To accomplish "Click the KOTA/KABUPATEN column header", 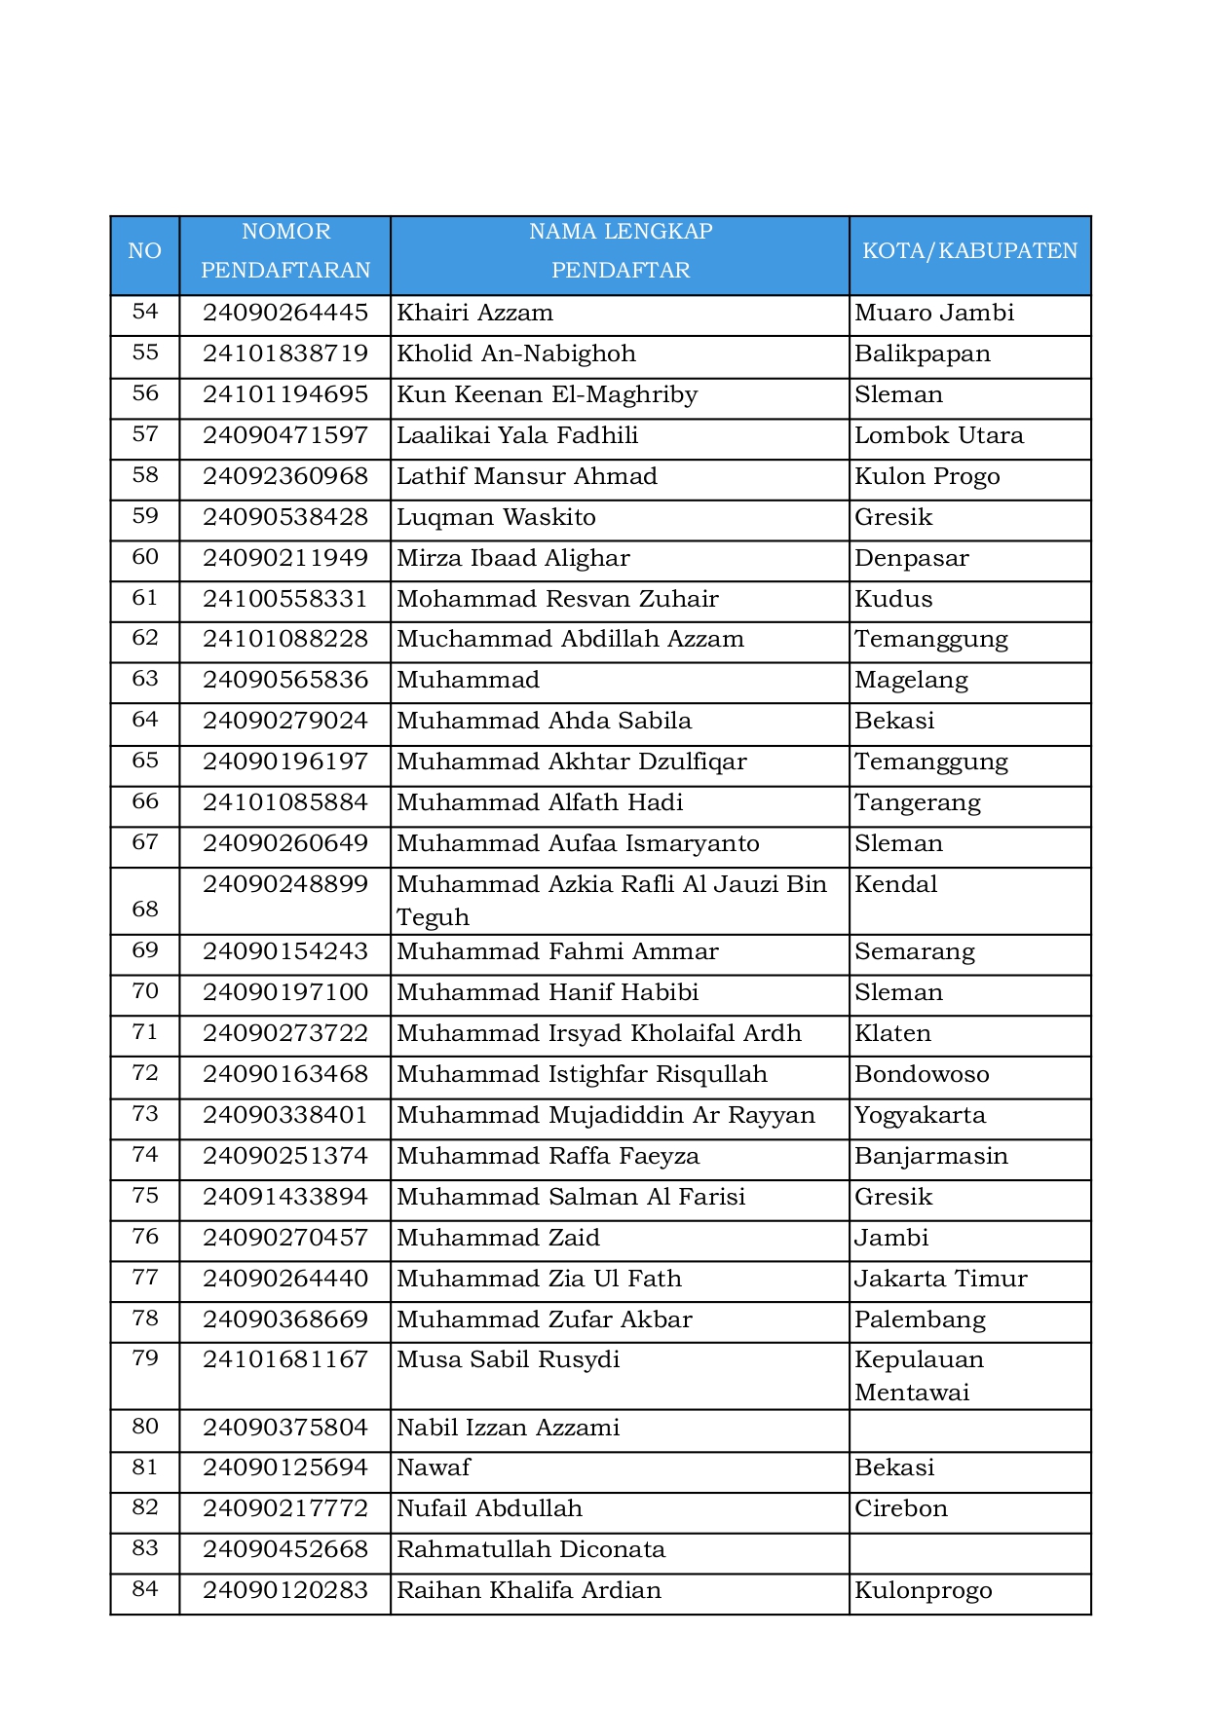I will (x=969, y=251).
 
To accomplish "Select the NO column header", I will (x=145, y=251).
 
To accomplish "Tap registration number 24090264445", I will (x=285, y=314).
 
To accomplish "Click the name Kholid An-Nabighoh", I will (x=516, y=354).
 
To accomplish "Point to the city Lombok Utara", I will (x=939, y=436).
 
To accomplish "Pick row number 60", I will (x=145, y=557).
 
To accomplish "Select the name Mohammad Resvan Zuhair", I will (x=557, y=599).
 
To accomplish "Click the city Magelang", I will (x=911, y=681).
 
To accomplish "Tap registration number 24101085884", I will (x=285, y=803).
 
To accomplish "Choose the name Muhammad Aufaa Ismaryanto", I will (x=578, y=844).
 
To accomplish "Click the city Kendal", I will (x=896, y=885).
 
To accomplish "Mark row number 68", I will (x=145, y=910).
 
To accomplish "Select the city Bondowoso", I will (x=922, y=1075).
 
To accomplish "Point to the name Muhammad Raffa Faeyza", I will (x=548, y=1157).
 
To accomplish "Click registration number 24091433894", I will (x=285, y=1198).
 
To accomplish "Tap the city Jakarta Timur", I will (x=941, y=1280).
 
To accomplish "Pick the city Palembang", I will (x=920, y=1320).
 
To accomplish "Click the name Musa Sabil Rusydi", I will (x=508, y=1360).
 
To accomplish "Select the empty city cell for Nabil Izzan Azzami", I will (x=969, y=1429).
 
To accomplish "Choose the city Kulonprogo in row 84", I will (x=924, y=1591).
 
